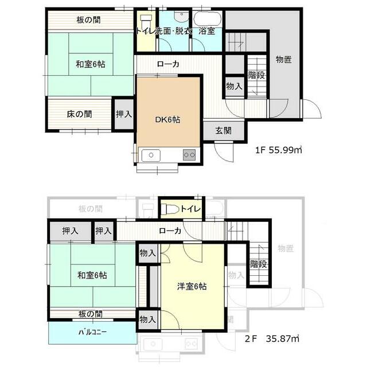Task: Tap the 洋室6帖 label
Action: click(192, 287)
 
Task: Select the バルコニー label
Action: click(92, 332)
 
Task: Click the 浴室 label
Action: click(207, 32)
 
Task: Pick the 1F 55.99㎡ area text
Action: click(279, 150)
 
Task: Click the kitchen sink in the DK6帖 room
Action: click(152, 154)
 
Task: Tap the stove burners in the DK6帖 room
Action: click(189, 154)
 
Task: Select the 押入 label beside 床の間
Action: click(124, 114)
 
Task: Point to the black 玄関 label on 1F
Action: click(224, 131)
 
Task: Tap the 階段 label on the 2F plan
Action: click(259, 264)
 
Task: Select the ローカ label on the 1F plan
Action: click(168, 64)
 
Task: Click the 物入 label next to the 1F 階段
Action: click(234, 86)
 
